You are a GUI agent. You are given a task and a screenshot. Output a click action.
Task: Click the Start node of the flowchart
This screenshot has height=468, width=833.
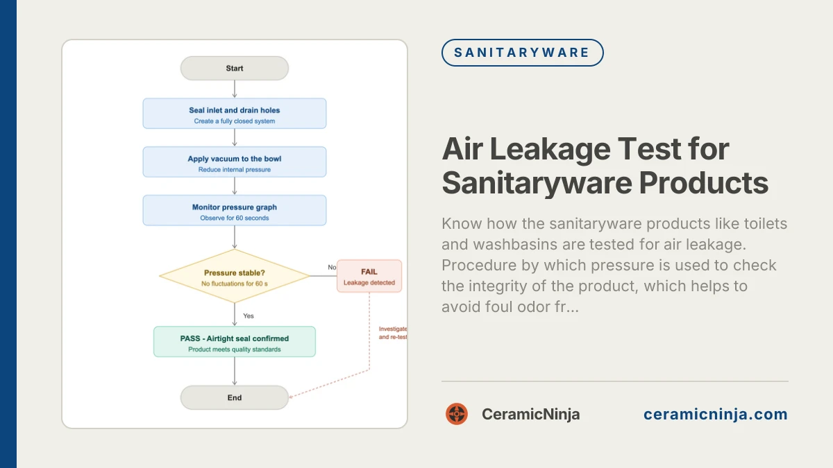234,69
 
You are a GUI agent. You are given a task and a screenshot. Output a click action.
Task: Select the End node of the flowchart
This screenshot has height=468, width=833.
234,397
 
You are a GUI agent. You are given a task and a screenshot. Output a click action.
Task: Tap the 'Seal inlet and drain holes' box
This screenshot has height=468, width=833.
234,114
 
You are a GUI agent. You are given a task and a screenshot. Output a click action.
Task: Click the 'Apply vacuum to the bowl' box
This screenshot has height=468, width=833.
234,162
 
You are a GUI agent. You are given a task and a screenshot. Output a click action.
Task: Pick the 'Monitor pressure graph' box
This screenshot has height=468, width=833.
234,211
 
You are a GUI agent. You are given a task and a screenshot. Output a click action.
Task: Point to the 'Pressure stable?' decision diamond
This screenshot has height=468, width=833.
234,277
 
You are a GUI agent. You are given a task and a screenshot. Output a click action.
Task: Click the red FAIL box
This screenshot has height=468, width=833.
369,277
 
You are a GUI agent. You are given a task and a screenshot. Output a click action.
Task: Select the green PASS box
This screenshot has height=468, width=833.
234,343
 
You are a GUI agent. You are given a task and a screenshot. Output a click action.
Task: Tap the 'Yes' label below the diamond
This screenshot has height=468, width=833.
249,316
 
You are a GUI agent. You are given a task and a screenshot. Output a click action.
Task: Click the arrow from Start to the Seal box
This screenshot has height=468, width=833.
234,89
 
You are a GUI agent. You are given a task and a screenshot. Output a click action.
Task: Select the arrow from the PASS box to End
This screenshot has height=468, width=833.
234,372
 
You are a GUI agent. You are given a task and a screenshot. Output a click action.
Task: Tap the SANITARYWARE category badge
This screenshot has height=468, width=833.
522,53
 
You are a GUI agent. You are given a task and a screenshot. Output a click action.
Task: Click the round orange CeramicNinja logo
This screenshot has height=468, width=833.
457,415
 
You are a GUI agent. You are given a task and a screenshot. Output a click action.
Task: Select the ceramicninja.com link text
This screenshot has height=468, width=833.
715,415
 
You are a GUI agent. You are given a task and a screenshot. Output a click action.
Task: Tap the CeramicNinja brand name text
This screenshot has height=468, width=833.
531,415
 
